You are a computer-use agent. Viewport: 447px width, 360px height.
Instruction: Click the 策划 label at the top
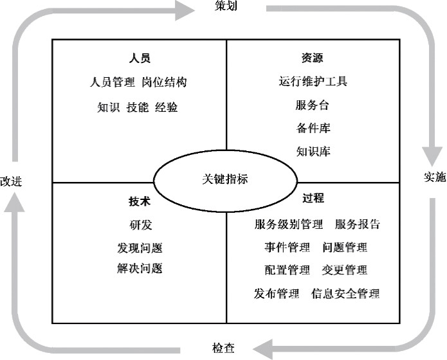coord(226,5)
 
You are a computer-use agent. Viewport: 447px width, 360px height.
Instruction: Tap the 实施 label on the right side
coord(435,177)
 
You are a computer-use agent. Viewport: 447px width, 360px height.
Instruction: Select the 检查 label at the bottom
coord(224,348)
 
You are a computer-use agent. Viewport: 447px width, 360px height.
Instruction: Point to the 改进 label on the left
coord(11,181)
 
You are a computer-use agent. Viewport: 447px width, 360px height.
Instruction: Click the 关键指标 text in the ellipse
coord(225,179)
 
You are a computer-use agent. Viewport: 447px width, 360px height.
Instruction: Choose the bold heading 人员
coord(140,58)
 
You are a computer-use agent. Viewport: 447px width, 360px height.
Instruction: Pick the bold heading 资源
coord(313,58)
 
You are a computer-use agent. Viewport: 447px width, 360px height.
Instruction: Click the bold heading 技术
coord(140,201)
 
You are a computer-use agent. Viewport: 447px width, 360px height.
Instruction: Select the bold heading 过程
coord(313,198)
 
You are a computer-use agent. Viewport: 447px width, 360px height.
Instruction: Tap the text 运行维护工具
coord(313,81)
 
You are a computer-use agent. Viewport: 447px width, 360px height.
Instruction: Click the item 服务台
coord(313,105)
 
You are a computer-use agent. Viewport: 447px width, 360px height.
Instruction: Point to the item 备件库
coord(313,128)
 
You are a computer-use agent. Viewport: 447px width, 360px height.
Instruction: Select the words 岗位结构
coord(165,82)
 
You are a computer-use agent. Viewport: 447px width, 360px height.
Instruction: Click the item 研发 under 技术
coord(141,225)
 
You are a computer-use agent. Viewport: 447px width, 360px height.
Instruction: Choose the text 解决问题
coord(140,269)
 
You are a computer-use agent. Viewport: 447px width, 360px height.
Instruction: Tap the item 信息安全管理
coord(345,294)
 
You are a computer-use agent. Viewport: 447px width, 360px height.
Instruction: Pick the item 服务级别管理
coord(289,224)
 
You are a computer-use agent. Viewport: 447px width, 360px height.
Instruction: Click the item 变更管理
coord(345,270)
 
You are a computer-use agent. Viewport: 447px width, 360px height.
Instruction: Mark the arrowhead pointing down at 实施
coord(432,156)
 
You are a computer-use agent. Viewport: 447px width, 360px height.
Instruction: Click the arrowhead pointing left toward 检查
coord(262,349)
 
